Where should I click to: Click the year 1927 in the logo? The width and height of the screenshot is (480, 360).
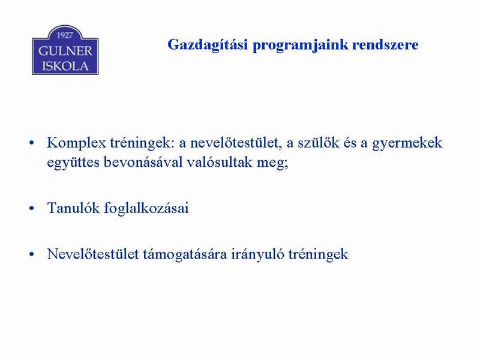(65, 35)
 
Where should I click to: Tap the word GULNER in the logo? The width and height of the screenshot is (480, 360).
(65, 51)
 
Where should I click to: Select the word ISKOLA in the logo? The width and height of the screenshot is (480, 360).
(65, 66)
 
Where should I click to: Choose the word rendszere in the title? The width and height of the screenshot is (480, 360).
(385, 44)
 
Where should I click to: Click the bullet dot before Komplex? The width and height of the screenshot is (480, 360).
(32, 143)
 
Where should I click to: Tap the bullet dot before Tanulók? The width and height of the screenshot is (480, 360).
(32, 208)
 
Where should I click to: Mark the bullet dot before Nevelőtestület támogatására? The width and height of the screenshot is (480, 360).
(32, 254)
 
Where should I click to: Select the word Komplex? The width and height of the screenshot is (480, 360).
(76, 143)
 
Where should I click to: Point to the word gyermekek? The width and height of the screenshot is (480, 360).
(407, 143)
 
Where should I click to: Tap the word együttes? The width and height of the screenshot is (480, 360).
(73, 162)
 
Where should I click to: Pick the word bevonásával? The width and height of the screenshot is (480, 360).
(143, 161)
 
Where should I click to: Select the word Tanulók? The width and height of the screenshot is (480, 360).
(73, 208)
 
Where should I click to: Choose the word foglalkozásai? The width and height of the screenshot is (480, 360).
(146, 208)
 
